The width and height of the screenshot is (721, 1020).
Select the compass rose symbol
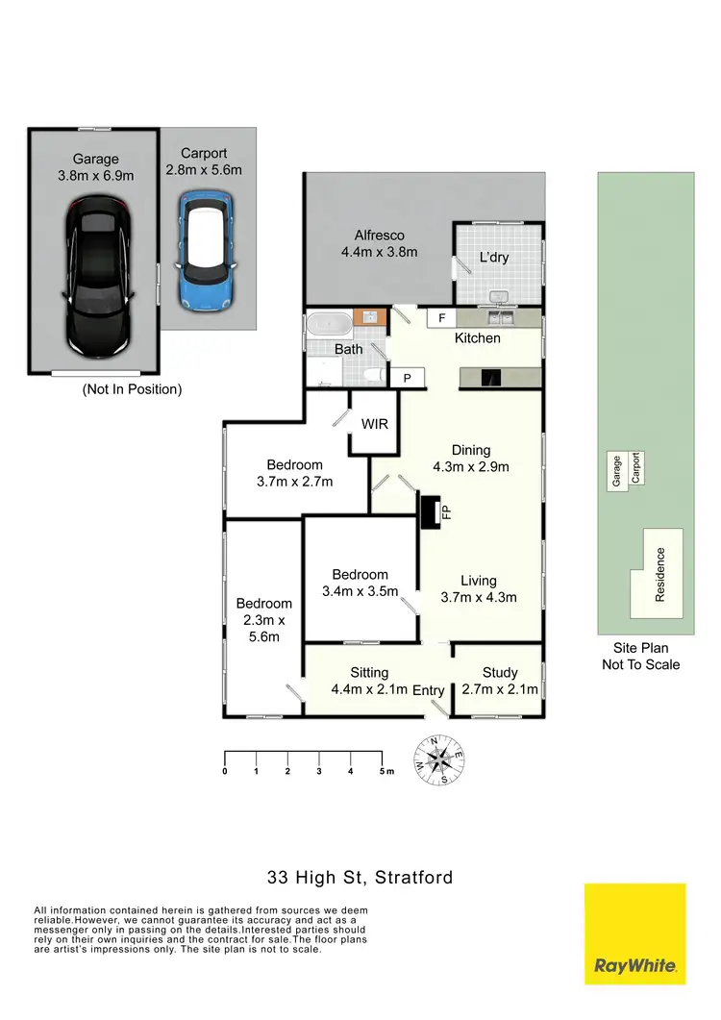coord(438,759)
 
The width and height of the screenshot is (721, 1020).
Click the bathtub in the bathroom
coord(330,324)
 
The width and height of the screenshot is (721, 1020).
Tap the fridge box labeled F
coord(442,317)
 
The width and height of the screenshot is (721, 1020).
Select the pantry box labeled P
coord(408,379)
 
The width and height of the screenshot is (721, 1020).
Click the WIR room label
coord(374,424)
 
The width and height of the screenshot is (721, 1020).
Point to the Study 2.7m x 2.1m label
coord(500,681)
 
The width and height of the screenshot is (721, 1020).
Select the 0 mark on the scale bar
coord(225,771)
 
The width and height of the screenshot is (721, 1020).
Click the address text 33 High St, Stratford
coord(360,877)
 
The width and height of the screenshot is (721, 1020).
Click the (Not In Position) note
coord(132,389)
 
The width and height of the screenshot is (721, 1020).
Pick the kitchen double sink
coord(499,317)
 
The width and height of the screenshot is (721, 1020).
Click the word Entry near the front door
coord(429,690)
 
